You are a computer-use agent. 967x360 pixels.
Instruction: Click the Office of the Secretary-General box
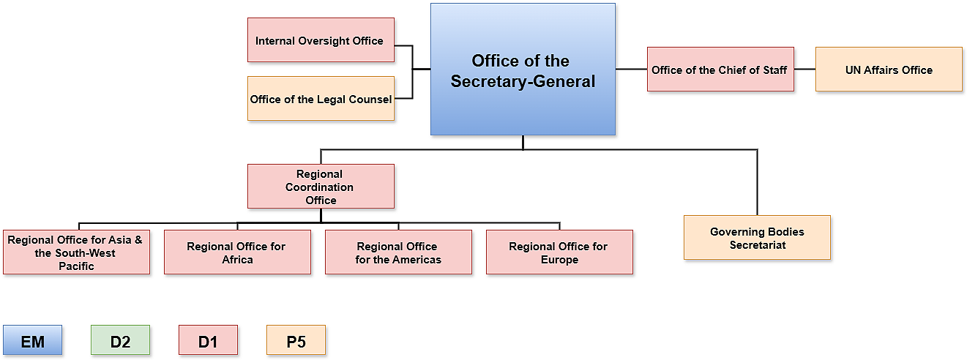[522, 70]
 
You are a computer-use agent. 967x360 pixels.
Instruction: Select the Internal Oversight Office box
[321, 40]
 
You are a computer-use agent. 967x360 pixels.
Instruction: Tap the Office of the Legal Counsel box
[321, 99]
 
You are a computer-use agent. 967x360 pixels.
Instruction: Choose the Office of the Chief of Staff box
[720, 70]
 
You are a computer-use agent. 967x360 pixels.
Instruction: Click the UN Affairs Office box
[889, 70]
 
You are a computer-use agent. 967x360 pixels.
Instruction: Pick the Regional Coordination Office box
[321, 187]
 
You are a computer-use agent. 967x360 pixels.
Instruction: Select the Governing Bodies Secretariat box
[757, 238]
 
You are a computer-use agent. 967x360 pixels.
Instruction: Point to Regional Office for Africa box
[237, 252]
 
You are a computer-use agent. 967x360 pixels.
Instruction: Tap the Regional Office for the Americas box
[398, 252]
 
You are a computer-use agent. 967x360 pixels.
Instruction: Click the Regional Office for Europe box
[559, 252]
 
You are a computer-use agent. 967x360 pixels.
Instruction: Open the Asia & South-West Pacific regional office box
[76, 252]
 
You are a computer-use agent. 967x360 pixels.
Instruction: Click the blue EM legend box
[33, 340]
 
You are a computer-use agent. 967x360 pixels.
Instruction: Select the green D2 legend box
[121, 340]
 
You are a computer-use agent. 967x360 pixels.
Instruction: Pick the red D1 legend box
[209, 340]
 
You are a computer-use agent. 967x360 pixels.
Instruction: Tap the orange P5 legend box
[296, 340]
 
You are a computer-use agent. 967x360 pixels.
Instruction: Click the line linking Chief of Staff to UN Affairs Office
[804, 70]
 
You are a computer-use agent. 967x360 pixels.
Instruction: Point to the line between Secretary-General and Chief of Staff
[631, 70]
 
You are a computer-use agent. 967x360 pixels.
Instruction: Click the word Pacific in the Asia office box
[76, 266]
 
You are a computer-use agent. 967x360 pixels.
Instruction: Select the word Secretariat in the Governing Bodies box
[757, 245]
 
